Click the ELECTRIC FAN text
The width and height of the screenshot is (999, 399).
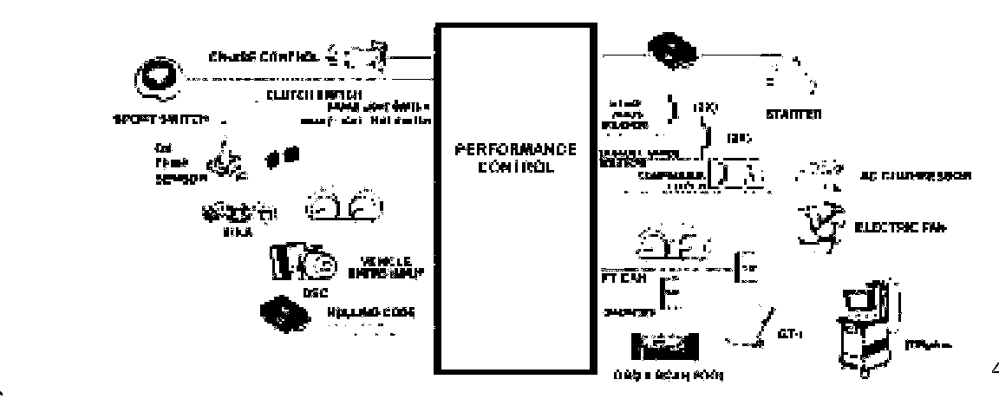click(900, 229)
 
